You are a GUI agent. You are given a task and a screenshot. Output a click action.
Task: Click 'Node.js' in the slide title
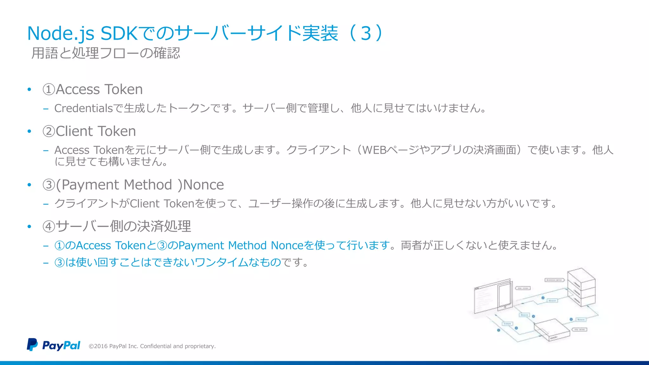[61, 34]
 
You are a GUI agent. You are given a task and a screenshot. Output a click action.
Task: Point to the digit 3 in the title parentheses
[366, 34]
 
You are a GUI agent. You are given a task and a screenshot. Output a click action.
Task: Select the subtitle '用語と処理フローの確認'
[106, 53]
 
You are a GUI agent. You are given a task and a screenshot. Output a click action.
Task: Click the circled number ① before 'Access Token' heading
[49, 90]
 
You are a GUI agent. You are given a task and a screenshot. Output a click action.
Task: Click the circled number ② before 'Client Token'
[49, 131]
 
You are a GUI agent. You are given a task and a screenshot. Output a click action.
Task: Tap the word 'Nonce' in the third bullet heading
[203, 185]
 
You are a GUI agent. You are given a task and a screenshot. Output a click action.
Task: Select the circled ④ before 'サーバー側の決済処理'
[49, 227]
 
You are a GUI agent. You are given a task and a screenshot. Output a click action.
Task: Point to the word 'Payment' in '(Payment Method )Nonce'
[90, 185]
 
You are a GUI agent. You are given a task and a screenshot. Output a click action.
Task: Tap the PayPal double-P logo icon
[32, 344]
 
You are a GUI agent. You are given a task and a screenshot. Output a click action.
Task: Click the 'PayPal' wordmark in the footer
[61, 345]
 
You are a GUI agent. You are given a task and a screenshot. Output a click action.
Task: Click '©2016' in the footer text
[98, 346]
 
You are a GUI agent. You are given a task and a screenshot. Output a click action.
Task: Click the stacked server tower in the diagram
[581, 287]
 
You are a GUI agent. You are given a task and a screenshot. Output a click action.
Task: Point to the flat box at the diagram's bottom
[550, 330]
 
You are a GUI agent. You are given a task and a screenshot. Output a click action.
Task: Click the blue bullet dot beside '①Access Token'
[29, 90]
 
